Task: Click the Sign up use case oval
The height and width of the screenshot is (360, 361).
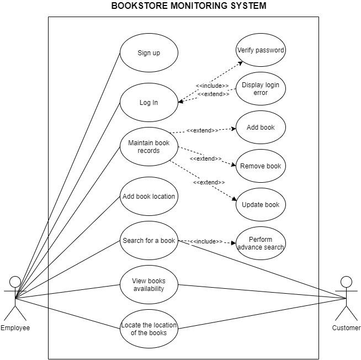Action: (148, 53)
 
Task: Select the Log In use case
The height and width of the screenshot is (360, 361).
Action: (148, 103)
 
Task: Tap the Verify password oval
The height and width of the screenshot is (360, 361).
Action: (261, 50)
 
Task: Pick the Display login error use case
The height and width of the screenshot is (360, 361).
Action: (261, 89)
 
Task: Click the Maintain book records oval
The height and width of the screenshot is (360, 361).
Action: (148, 147)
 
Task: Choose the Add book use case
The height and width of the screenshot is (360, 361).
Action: (261, 128)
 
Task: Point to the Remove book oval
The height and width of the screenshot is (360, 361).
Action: (261, 166)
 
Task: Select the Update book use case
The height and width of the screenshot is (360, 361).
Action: (261, 205)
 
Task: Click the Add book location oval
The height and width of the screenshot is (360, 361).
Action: (148, 197)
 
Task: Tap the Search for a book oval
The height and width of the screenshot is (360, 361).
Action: (148, 241)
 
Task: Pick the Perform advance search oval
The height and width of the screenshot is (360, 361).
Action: (261, 243)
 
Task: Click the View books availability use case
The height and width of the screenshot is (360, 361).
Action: (148, 285)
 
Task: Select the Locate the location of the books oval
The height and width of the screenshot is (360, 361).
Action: (148, 329)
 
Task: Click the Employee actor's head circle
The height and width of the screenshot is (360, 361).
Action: (15, 282)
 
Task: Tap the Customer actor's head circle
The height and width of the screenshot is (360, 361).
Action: (346, 282)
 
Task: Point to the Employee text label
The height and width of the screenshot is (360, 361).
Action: (15, 328)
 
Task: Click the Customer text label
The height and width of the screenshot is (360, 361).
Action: (346, 328)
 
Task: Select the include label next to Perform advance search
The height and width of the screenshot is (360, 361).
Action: (206, 242)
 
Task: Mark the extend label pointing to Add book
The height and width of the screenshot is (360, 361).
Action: (202, 131)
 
